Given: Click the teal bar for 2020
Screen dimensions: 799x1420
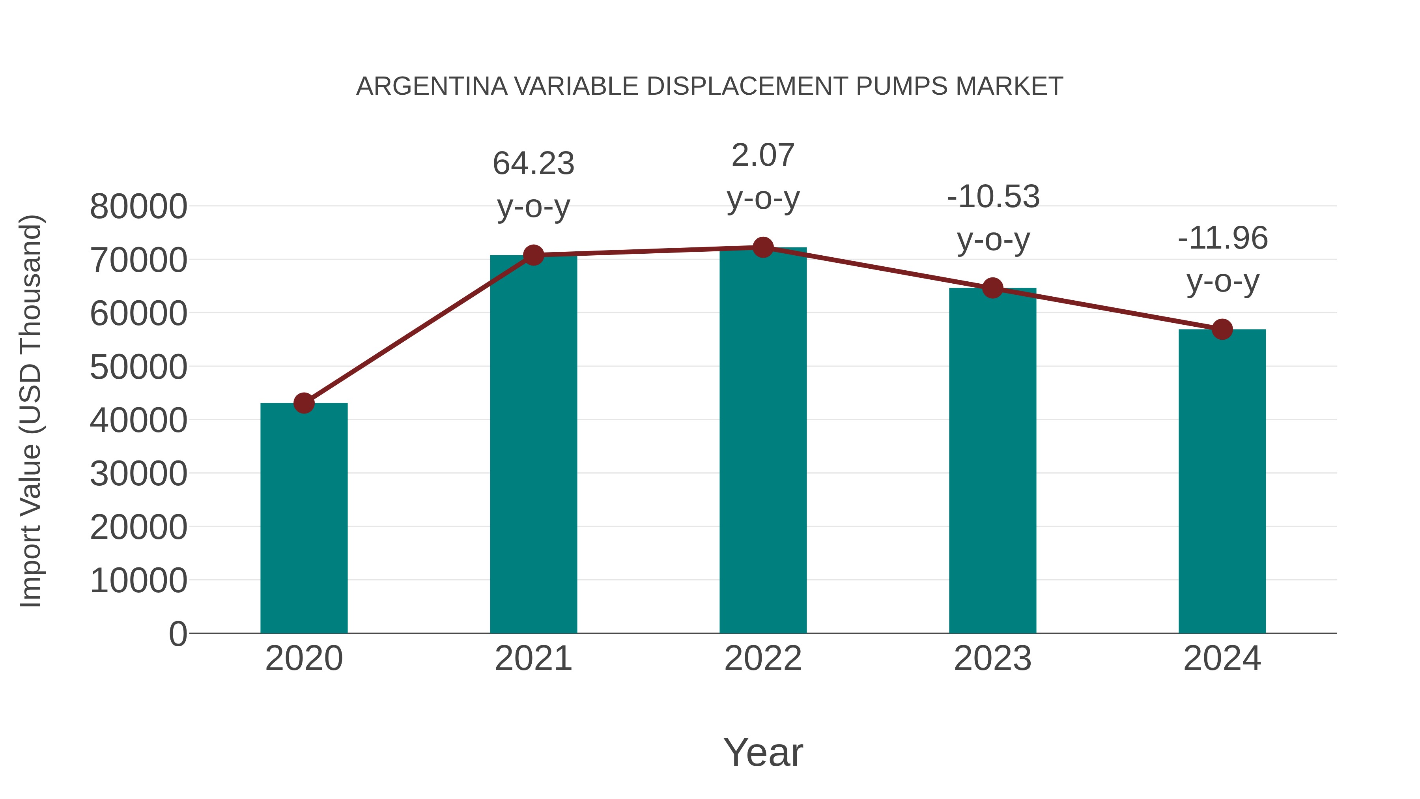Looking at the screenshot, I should click(304, 518).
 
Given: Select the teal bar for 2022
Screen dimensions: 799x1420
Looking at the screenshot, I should click(763, 441).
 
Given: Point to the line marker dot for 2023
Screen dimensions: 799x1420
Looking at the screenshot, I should click(992, 288).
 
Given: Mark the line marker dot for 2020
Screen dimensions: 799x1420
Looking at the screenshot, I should click(304, 403).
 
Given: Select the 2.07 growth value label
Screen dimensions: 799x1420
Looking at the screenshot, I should click(763, 155).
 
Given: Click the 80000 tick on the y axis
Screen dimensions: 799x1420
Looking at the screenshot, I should click(138, 207).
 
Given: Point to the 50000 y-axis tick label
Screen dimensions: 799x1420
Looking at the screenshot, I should click(138, 367).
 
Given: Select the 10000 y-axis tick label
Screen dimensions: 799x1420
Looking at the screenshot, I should click(138, 581).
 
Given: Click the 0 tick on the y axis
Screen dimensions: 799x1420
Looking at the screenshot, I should click(177, 634).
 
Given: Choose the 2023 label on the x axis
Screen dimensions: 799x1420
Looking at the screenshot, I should click(992, 659).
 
